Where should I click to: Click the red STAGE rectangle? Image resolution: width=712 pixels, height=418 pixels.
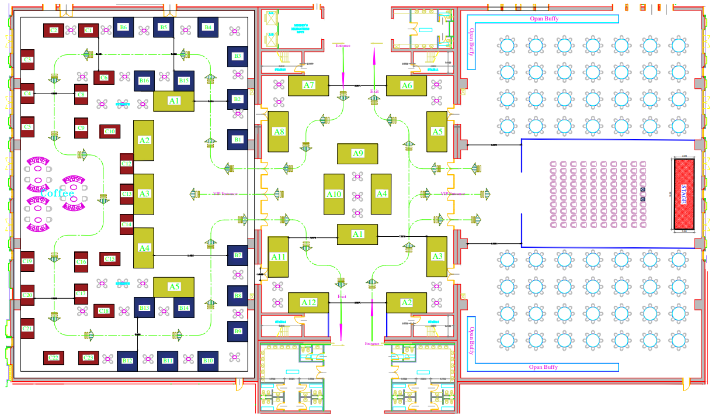(x=684, y=194)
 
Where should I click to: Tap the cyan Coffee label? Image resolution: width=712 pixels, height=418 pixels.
(x=57, y=193)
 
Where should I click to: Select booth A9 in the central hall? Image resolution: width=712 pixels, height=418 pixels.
(x=357, y=153)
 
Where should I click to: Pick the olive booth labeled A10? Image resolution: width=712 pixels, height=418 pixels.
(x=334, y=194)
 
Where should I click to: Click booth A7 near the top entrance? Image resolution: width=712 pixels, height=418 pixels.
(x=308, y=85)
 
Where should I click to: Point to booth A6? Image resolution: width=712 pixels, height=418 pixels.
(x=407, y=85)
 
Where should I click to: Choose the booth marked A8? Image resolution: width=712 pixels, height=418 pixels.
(x=279, y=132)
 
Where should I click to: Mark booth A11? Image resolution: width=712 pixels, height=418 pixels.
(x=278, y=257)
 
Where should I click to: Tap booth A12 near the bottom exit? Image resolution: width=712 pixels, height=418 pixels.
(x=308, y=302)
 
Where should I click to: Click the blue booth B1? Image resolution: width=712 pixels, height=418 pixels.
(x=237, y=140)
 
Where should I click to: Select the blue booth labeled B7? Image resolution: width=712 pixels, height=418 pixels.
(x=237, y=255)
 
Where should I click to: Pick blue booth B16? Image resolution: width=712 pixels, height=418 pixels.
(x=144, y=81)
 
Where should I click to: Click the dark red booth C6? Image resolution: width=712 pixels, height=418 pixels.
(x=103, y=77)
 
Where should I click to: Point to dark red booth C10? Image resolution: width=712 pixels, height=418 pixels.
(x=109, y=131)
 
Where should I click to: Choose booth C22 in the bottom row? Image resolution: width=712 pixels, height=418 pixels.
(x=53, y=357)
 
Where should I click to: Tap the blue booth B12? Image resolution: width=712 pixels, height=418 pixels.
(x=127, y=361)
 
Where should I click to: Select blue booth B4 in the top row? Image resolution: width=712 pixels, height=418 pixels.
(x=208, y=27)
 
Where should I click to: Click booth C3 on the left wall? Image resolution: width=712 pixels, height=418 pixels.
(x=27, y=60)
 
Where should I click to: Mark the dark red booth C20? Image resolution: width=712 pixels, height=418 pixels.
(x=27, y=295)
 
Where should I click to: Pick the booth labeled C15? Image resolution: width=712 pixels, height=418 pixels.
(x=109, y=258)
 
